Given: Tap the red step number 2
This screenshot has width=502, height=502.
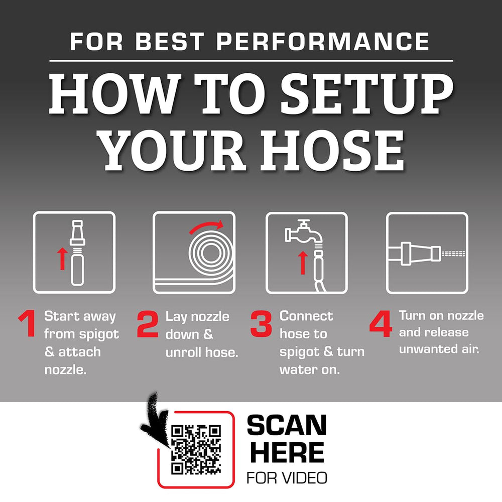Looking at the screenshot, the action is (148, 324).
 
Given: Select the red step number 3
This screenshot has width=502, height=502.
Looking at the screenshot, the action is (261, 323).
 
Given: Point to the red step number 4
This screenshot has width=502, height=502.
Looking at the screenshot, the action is (381, 323).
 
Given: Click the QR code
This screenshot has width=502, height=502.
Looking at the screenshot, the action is (196, 449).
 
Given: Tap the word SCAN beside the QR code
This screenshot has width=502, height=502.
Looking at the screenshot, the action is (287, 425).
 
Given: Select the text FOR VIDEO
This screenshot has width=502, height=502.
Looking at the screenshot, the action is (287, 478).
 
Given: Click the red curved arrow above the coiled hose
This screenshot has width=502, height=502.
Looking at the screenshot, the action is (205, 225).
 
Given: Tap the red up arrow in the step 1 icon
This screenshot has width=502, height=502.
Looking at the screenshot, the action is (62, 259).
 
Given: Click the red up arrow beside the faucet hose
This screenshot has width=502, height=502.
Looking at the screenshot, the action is (303, 263).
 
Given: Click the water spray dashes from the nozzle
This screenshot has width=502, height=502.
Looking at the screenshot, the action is (453, 254).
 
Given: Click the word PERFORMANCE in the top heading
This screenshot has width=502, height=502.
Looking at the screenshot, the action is (323, 41).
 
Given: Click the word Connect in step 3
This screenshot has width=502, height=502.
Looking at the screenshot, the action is (306, 316).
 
